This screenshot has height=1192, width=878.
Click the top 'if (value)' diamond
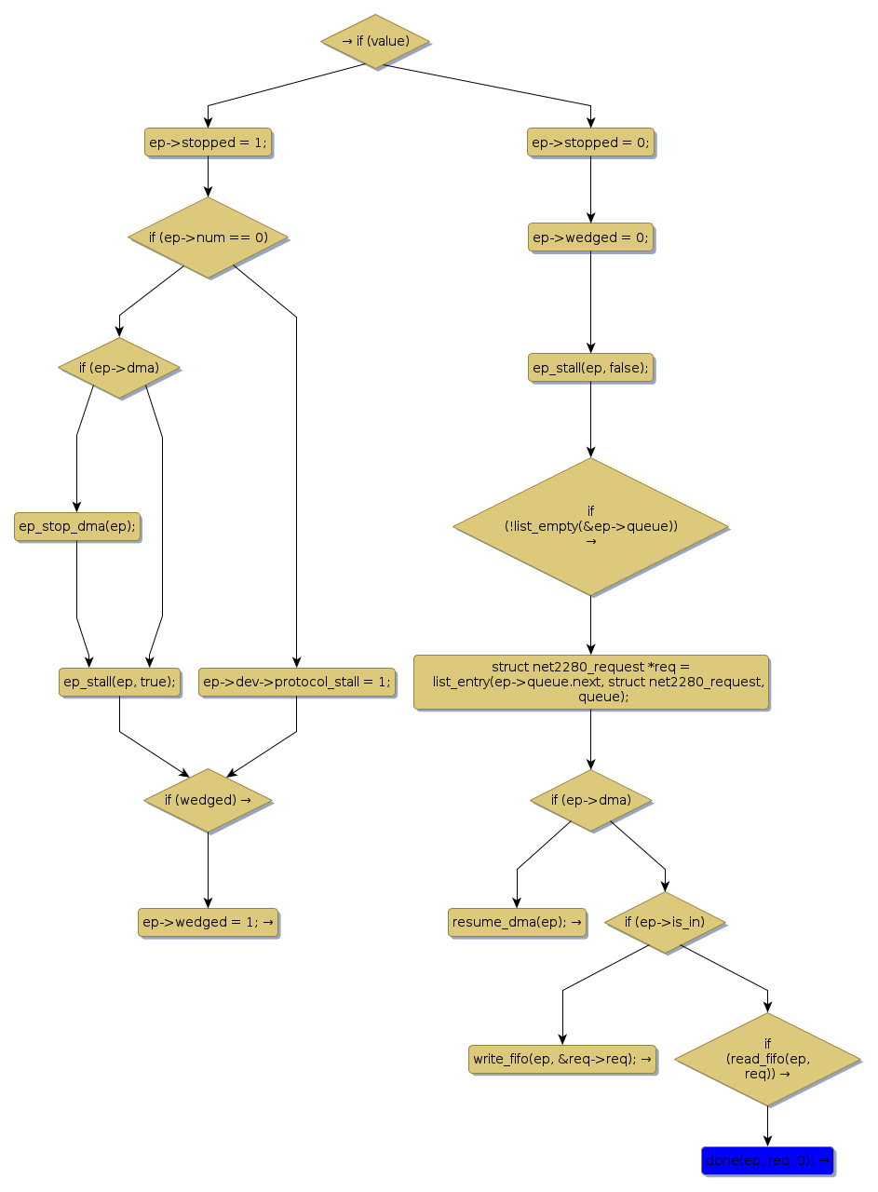375,41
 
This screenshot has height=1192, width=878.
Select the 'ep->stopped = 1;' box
208,142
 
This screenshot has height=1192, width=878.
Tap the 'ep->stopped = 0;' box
590,142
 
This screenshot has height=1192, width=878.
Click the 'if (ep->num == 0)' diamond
208,237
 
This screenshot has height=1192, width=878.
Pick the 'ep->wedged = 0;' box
590,237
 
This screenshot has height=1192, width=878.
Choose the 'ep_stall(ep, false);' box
590,368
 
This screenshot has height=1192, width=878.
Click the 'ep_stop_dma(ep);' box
77,526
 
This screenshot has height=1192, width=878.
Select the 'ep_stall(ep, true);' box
119,682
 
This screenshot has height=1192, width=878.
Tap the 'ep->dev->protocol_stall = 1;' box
296,682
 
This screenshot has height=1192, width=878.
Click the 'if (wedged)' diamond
208,800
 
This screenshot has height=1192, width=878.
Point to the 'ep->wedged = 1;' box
208,922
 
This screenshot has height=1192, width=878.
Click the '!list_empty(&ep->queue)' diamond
590,526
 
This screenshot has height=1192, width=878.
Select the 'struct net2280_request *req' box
591,682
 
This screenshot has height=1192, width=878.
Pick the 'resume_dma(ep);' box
517,922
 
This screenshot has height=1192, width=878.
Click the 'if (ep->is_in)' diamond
665,922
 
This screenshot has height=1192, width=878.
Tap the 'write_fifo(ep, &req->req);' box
562,1059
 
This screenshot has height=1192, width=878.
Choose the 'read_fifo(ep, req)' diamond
767,1059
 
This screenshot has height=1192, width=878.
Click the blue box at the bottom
767,1160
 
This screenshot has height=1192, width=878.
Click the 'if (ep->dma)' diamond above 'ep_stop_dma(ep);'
119,368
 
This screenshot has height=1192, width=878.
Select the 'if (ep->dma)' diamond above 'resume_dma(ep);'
590,800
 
